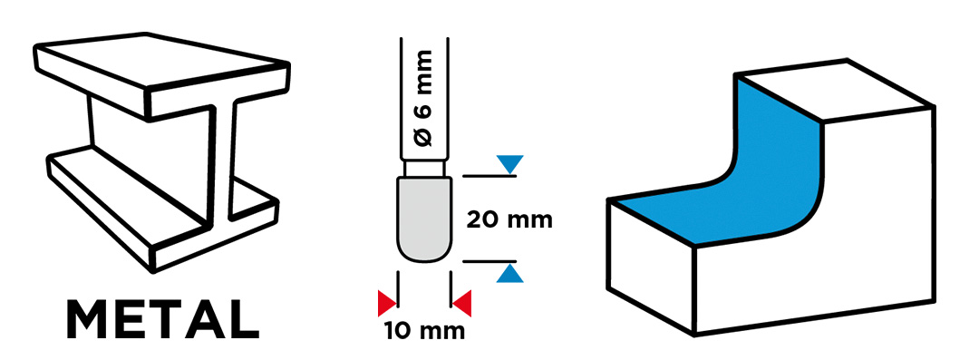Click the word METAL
click(x=162, y=319)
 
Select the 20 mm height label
click(x=509, y=220)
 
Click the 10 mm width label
click(x=424, y=330)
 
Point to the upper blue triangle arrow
click(x=509, y=164)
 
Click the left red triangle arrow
click(x=387, y=303)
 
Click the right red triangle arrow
click(x=462, y=303)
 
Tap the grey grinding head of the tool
click(x=424, y=219)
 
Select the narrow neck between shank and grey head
click(x=424, y=169)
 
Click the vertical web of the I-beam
click(x=222, y=162)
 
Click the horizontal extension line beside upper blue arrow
click(x=489, y=177)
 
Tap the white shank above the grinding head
click(x=424, y=99)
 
